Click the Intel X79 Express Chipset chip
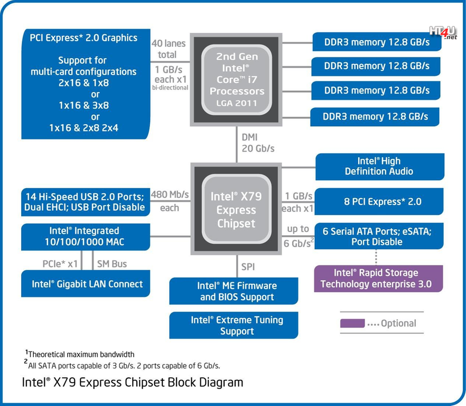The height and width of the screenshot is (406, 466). [x=236, y=209]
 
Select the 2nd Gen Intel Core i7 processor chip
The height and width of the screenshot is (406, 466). [x=236, y=80]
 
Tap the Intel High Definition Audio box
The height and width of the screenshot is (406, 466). [x=380, y=167]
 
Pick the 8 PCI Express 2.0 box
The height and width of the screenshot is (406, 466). [x=379, y=201]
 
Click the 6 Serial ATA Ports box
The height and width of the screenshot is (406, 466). [x=379, y=236]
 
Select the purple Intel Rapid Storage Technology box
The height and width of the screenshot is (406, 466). [x=378, y=279]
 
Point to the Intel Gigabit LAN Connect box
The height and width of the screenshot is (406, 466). [x=86, y=283]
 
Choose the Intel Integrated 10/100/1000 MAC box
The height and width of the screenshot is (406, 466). [x=86, y=237]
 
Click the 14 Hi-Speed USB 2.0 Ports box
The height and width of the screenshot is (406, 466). [x=86, y=202]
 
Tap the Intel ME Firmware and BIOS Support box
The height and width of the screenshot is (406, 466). [x=234, y=291]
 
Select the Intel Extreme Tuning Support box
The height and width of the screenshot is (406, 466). [x=234, y=325]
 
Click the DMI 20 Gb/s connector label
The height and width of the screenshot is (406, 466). [x=258, y=143]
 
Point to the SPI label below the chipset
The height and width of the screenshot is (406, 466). [x=248, y=267]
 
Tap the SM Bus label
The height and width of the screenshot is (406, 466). [x=112, y=264]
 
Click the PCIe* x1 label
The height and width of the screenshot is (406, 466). [x=60, y=264]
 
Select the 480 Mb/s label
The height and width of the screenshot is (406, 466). [x=170, y=195]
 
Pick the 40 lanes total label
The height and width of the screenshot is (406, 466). [x=168, y=49]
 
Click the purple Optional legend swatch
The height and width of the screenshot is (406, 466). [x=352, y=324]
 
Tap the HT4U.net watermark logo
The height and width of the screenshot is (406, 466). [x=443, y=32]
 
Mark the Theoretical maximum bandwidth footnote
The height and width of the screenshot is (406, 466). [x=80, y=354]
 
